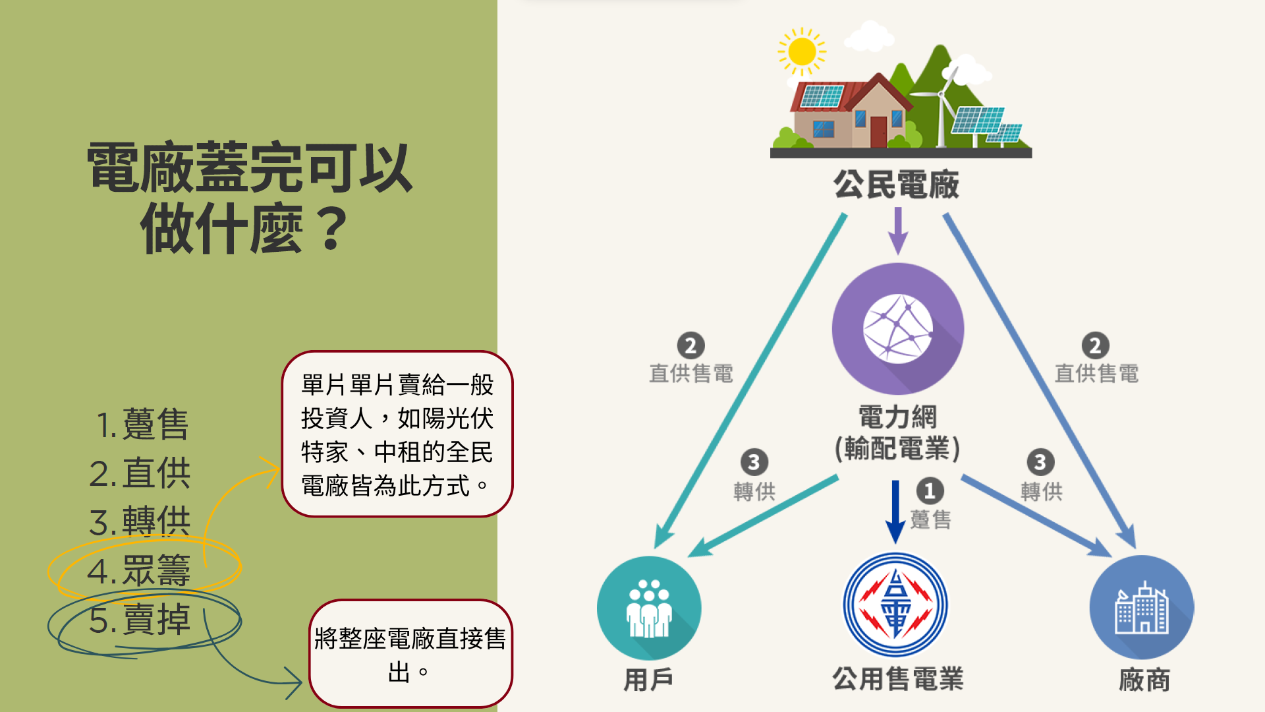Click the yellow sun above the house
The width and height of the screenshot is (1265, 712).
[x=802, y=51]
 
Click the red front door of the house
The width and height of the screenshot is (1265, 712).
[x=879, y=131]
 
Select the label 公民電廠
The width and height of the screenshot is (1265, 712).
[x=896, y=185]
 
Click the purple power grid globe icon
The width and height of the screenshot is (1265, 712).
[x=897, y=328]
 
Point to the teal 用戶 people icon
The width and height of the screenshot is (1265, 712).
[x=649, y=608]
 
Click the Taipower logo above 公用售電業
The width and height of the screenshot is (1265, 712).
[x=895, y=605]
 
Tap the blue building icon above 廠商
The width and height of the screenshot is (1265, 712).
[x=1142, y=607]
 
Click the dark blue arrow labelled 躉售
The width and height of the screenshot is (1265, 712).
[x=895, y=512]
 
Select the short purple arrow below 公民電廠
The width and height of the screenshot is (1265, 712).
[x=897, y=231]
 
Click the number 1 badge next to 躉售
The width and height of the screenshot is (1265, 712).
[x=930, y=490]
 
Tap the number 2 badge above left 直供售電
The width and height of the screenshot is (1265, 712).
[x=690, y=345]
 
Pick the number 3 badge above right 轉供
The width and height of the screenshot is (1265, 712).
[x=1040, y=462]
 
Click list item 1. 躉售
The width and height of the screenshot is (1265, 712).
[x=142, y=424]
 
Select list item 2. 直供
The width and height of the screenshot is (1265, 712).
[x=140, y=473]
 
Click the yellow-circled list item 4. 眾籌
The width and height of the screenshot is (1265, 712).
[x=139, y=570]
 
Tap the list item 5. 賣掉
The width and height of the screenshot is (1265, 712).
[x=140, y=620]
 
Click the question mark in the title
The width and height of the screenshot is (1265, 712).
[x=331, y=229]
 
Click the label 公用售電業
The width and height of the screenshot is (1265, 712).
[x=897, y=678]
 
